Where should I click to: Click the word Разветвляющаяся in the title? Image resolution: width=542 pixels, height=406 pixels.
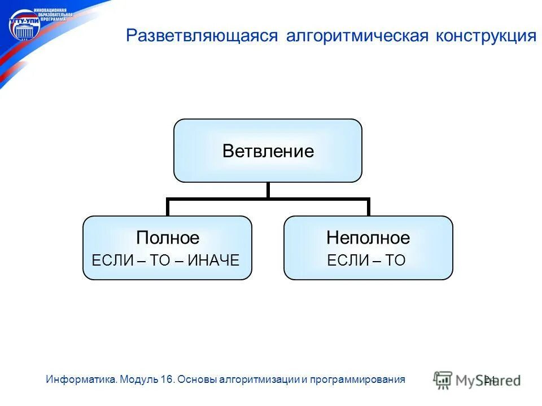click(202, 36)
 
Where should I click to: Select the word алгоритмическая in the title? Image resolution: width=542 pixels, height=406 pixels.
click(358, 36)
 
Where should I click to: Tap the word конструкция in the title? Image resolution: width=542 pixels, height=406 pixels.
click(486, 36)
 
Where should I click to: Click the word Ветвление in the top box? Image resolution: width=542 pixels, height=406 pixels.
click(268, 151)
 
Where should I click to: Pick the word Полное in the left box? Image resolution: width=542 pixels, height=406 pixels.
click(168, 238)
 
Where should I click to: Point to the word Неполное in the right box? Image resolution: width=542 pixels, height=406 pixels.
click(368, 238)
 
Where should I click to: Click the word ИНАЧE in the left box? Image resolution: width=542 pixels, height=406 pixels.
click(215, 260)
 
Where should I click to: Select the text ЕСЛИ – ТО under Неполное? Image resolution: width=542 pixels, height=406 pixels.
click(366, 260)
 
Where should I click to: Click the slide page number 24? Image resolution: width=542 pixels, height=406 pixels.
click(489, 379)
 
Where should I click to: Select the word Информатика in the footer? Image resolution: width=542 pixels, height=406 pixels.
click(82, 379)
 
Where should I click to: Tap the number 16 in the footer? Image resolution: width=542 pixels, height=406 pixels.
click(167, 379)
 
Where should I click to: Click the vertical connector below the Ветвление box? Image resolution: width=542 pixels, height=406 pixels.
click(268, 190)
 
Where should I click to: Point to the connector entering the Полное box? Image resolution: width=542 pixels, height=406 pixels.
click(168, 208)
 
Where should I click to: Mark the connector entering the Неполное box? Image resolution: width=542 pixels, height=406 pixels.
click(368, 208)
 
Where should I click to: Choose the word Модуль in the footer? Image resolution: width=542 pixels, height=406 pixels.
click(140, 379)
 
